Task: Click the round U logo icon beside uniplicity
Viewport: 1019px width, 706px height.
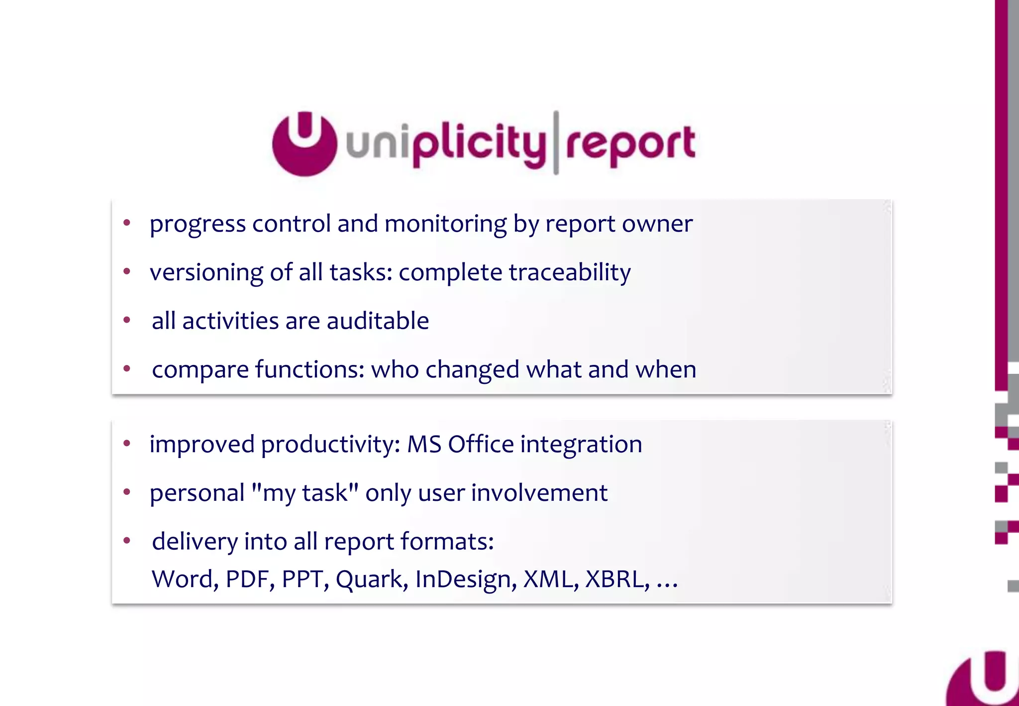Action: [305, 144]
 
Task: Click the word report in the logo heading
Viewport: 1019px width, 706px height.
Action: [630, 144]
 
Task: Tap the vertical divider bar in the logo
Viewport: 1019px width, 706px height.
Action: [556, 143]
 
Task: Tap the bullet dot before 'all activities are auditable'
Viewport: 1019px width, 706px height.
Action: [127, 320]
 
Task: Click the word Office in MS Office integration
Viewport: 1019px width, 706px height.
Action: [481, 444]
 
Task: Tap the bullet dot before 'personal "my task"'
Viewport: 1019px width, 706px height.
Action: [127, 492]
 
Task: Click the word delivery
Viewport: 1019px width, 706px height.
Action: [195, 542]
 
